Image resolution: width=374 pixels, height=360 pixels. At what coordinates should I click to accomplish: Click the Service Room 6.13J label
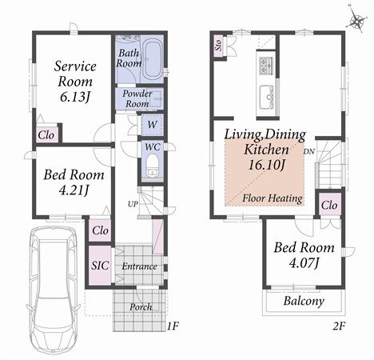pyautogui.click(x=74, y=81)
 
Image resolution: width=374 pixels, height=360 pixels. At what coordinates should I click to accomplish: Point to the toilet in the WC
pyautogui.click(x=152, y=166)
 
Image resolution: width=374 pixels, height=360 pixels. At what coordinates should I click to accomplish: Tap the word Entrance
pyautogui.click(x=137, y=266)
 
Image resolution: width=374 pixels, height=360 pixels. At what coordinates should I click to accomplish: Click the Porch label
pyautogui.click(x=141, y=306)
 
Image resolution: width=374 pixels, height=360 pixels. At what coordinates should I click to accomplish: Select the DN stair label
pyautogui.click(x=308, y=150)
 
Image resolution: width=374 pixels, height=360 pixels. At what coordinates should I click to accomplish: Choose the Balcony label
pyautogui.click(x=304, y=302)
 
